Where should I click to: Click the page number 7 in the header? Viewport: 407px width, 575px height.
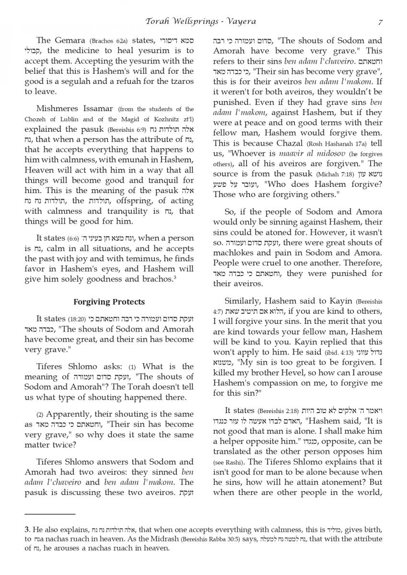click(380, 21)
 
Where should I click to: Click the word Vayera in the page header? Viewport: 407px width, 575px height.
click(240, 21)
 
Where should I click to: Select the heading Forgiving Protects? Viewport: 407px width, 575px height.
click(109, 302)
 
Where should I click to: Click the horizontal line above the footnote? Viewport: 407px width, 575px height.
click(50, 513)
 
